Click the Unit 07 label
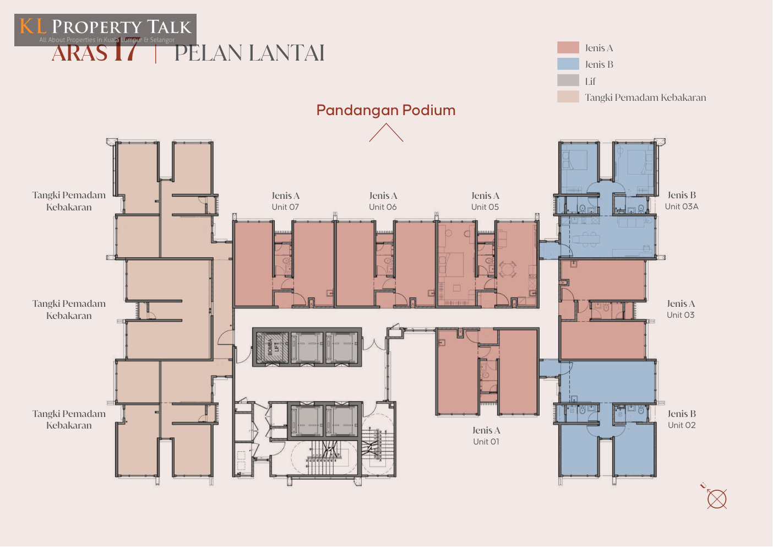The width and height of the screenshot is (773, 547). [285, 207]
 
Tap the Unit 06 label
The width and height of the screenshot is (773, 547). [383, 207]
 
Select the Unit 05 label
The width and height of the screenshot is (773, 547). [485, 207]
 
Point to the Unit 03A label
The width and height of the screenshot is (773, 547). [682, 207]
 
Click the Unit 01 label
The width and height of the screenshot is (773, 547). [486, 442]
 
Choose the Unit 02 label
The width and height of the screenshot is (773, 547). [682, 425]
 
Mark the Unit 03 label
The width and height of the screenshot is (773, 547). [681, 315]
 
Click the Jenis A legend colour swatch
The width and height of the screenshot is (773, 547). [568, 48]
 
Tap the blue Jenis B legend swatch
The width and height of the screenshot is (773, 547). [568, 64]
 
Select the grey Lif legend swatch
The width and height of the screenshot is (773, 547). [568, 81]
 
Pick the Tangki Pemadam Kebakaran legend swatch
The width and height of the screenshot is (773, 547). [568, 98]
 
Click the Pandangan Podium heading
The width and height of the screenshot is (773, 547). [386, 110]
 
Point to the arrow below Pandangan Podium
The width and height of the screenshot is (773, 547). [386, 133]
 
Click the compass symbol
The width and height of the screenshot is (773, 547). [716, 499]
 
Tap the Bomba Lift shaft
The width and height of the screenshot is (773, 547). [271, 347]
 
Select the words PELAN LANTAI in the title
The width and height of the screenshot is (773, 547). [249, 53]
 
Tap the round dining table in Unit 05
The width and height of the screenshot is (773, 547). [508, 269]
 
